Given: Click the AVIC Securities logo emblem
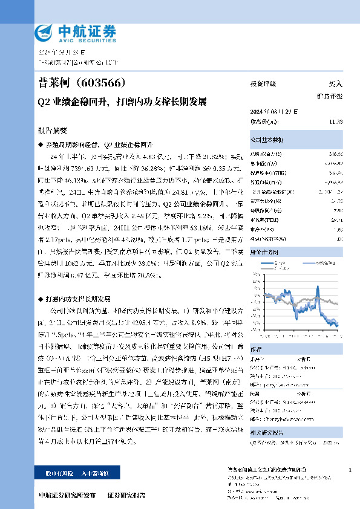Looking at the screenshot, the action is (44, 31).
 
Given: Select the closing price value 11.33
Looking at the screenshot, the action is (336, 122).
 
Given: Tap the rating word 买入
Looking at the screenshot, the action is (335, 84).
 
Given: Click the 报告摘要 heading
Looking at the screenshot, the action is (53, 130).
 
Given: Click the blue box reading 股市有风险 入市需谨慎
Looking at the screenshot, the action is (71, 474).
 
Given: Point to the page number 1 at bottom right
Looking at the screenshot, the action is (350, 470).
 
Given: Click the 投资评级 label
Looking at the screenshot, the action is (263, 84).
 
